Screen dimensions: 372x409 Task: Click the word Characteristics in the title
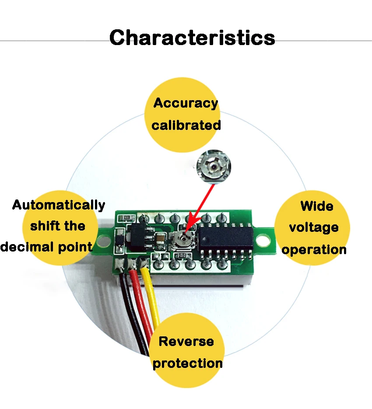(x=192, y=38)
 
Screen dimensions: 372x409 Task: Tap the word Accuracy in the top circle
(x=186, y=103)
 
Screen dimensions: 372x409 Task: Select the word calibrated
(x=186, y=125)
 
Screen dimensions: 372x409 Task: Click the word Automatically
(x=59, y=205)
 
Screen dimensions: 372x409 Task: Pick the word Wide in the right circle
(x=317, y=206)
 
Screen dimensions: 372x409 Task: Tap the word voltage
(x=314, y=228)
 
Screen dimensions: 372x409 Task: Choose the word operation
(x=314, y=250)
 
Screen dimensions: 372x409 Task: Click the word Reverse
(x=186, y=341)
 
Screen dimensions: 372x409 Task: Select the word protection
(x=187, y=364)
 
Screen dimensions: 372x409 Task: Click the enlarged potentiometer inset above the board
(x=214, y=167)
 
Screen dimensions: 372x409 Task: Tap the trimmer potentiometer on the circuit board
(x=183, y=238)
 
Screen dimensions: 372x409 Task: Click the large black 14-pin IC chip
(x=226, y=238)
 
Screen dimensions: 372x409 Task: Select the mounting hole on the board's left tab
(x=104, y=241)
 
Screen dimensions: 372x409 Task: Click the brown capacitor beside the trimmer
(x=160, y=239)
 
